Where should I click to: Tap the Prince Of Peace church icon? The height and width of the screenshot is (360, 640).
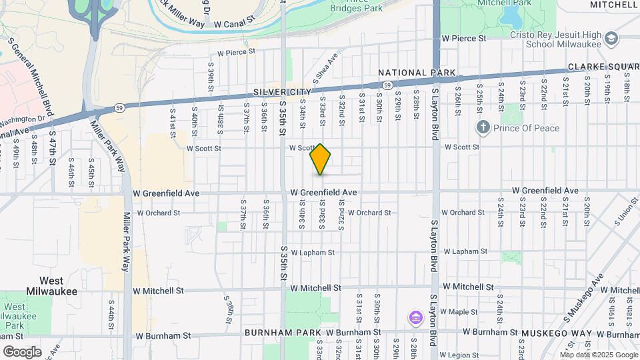pyautogui.click(x=483, y=127)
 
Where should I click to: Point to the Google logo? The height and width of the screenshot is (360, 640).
pyautogui.click(x=22, y=352)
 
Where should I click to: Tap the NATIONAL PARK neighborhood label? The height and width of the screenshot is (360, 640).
pyautogui.click(x=417, y=73)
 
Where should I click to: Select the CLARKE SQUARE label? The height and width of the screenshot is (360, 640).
pyautogui.click(x=603, y=67)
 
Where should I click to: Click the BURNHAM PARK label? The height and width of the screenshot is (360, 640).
pyautogui.click(x=283, y=332)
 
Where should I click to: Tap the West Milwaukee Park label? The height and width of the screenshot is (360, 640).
pyautogui.click(x=24, y=316)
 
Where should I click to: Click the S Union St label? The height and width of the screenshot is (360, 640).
pyautogui.click(x=626, y=213)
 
